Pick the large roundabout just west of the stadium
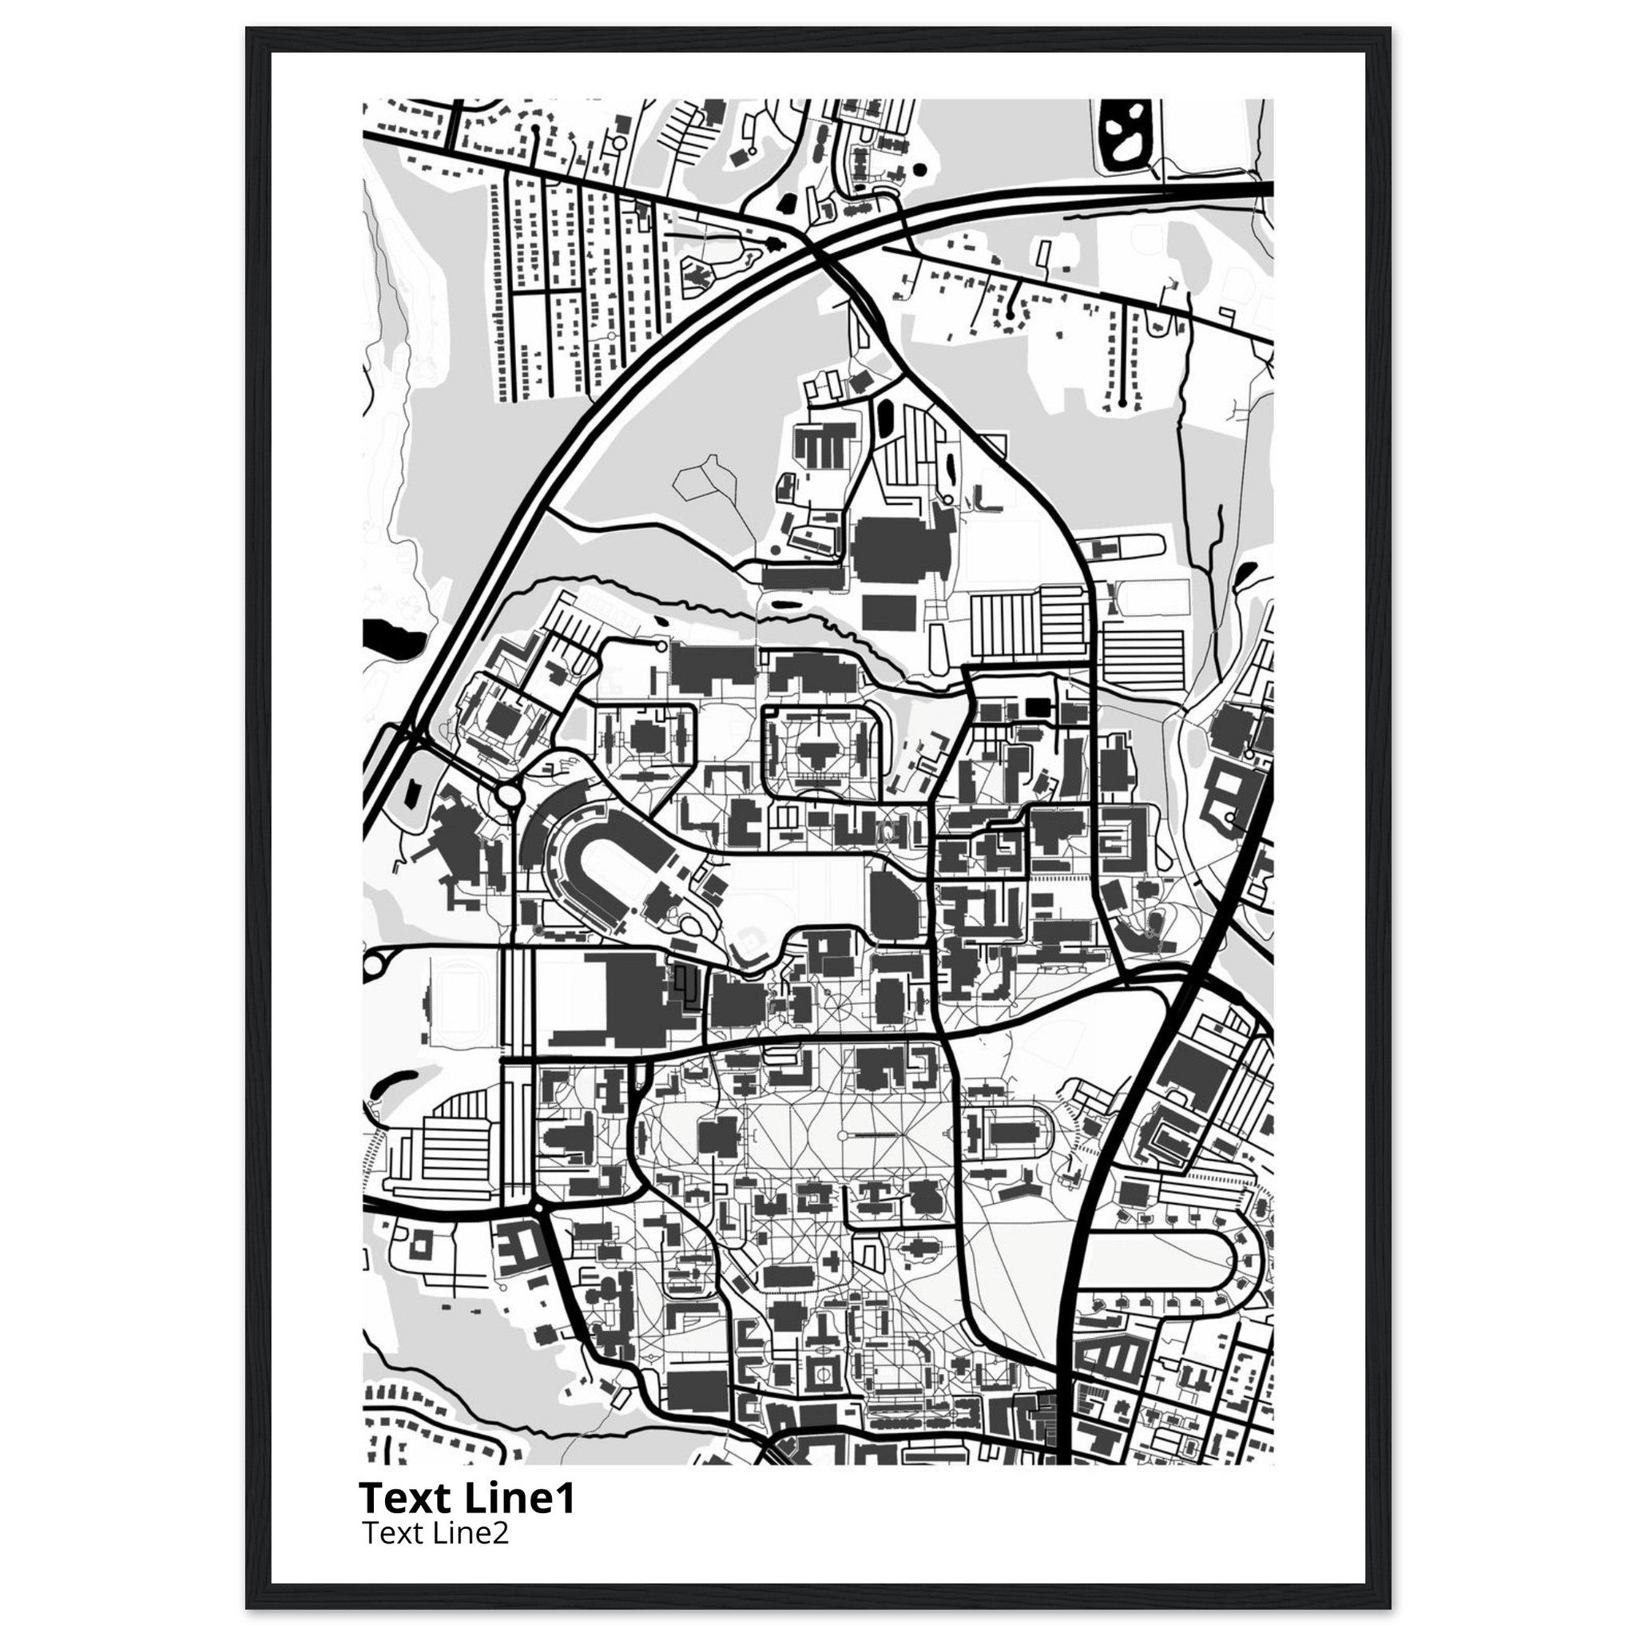(x=510, y=795)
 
